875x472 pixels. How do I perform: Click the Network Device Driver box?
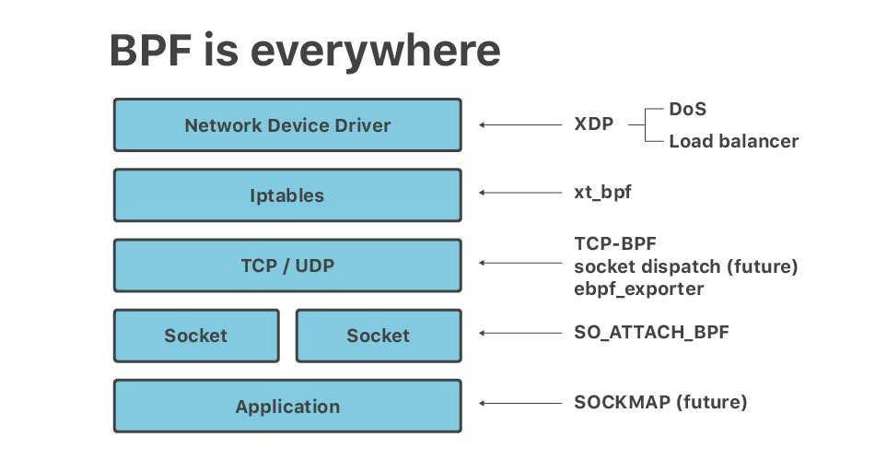pyautogui.click(x=287, y=125)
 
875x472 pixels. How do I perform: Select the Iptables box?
pyautogui.click(x=287, y=195)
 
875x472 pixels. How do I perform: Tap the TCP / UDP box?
pyautogui.click(x=287, y=265)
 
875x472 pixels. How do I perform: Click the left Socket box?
pyautogui.click(x=196, y=336)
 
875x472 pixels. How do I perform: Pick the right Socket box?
pyautogui.click(x=379, y=336)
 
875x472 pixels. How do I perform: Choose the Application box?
pyautogui.click(x=287, y=407)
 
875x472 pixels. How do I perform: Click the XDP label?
pyautogui.click(x=594, y=124)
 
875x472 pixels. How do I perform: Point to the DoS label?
pyautogui.click(x=687, y=109)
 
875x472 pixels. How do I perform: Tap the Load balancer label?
pyautogui.click(x=734, y=141)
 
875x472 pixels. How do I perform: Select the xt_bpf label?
pyautogui.click(x=602, y=192)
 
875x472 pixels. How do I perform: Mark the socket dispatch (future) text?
pyautogui.click(x=686, y=266)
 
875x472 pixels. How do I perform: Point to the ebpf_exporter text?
pyautogui.click(x=639, y=289)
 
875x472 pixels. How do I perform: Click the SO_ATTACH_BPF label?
pyautogui.click(x=651, y=333)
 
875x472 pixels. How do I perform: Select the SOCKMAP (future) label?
pyautogui.click(x=660, y=402)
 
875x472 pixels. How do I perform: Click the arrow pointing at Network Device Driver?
pyautogui.click(x=520, y=125)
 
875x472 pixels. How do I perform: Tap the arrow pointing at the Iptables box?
pyautogui.click(x=520, y=193)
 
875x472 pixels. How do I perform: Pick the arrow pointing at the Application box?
pyautogui.click(x=520, y=403)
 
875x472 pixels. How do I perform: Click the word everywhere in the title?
pyautogui.click(x=375, y=52)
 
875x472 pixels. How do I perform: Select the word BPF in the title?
pyautogui.click(x=151, y=51)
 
